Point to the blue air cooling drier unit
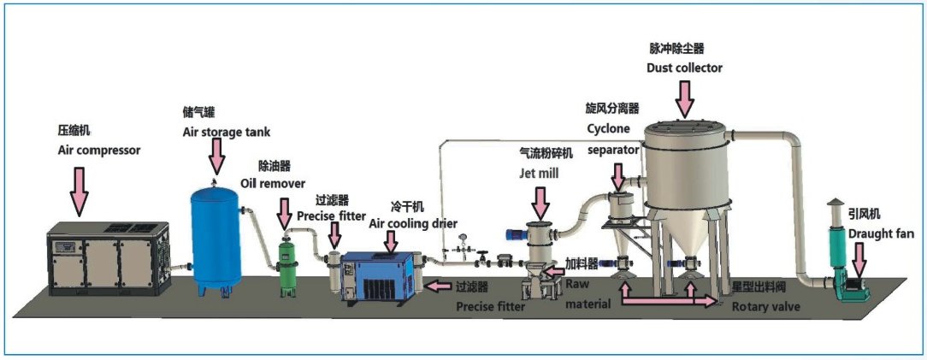pos(380,278)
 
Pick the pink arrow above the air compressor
pos(79,189)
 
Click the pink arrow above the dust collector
pos(684,97)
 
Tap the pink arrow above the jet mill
pos(540,202)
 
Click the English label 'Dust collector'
pos(684,68)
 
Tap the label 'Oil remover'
pos(281,183)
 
